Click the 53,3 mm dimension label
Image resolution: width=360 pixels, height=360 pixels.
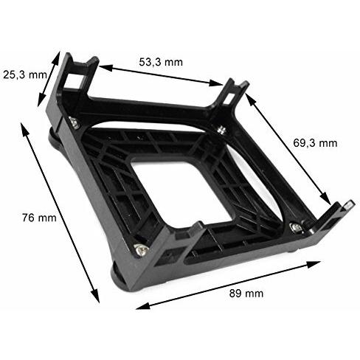pos(161,62)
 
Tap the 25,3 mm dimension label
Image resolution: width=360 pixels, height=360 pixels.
pos(25,75)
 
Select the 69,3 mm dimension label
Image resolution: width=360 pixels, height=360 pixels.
pos(315,143)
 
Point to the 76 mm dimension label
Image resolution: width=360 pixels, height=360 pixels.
pos(39,218)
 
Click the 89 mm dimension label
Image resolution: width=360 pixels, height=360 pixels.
pos(246,294)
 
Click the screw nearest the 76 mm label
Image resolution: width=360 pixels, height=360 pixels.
pos(141,249)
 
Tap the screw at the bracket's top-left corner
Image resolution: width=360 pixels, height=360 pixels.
pos(74,122)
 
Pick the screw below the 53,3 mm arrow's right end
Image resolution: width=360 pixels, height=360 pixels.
pos(222,130)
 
